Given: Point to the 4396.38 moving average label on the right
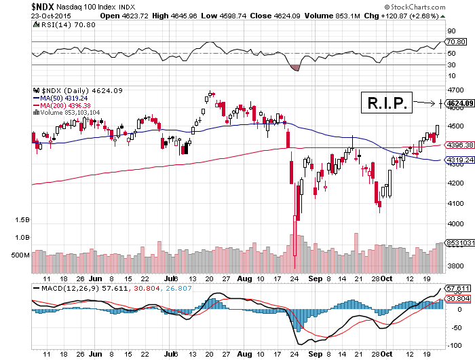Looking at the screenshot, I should pyautogui.click(x=459, y=145).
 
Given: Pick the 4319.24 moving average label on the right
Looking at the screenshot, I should pyautogui.click(x=459, y=160).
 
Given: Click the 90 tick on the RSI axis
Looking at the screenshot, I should pyautogui.click(x=449, y=31).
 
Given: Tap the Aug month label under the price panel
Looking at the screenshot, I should pyautogui.click(x=246, y=278).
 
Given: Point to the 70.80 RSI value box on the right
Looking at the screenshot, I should pyautogui.click(x=454, y=41).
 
